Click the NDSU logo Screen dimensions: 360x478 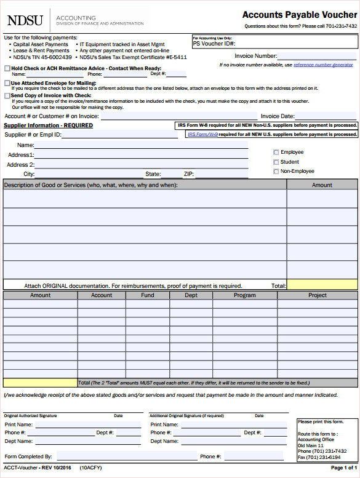[x=25, y=20]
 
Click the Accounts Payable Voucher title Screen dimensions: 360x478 [x=299, y=15]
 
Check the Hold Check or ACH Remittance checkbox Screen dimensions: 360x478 [x=7, y=68]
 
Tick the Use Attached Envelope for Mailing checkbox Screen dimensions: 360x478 [x=7, y=82]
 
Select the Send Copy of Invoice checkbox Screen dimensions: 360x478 [x=7, y=95]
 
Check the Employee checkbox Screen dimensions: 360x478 [x=276, y=152]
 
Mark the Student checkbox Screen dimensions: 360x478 [x=276, y=162]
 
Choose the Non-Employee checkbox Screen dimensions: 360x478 [x=276, y=172]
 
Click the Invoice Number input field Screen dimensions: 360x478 [x=317, y=56]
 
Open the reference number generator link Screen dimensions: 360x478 [x=323, y=65]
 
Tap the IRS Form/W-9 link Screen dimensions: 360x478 [x=202, y=134]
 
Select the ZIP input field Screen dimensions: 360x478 [x=222, y=174]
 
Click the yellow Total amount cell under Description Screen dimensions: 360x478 [x=322, y=285]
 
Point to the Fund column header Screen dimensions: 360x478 [x=148, y=295]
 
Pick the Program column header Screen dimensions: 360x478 [x=244, y=295]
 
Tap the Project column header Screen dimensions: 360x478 [x=318, y=295]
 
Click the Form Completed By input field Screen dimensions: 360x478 [x=126, y=456]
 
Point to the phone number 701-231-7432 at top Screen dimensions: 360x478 [x=342, y=26]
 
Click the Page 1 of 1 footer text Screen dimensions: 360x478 [x=343, y=468]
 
